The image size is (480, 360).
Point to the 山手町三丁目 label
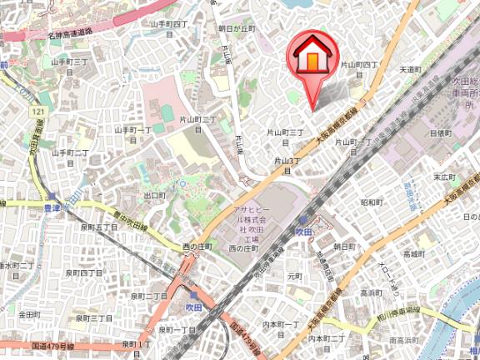[70, 62]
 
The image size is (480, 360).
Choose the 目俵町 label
[441, 133]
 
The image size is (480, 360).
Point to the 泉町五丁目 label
[99, 226]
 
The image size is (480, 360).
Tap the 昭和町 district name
[371, 202]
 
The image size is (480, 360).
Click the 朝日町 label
[343, 247]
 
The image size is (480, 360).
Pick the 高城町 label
[414, 252]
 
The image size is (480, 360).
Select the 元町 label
[294, 275]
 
